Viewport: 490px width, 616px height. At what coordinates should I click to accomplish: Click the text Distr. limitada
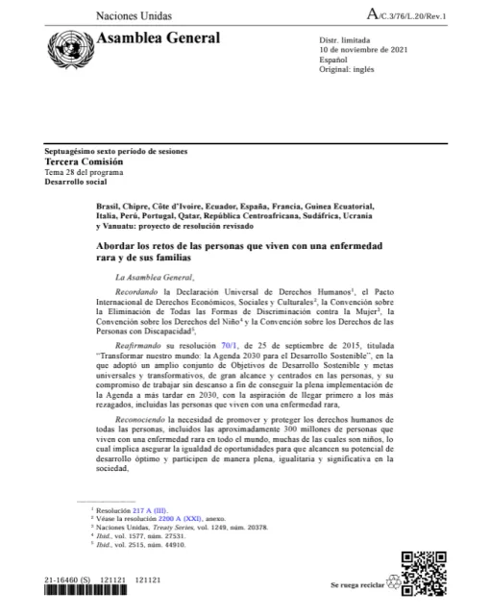tap(345, 38)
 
